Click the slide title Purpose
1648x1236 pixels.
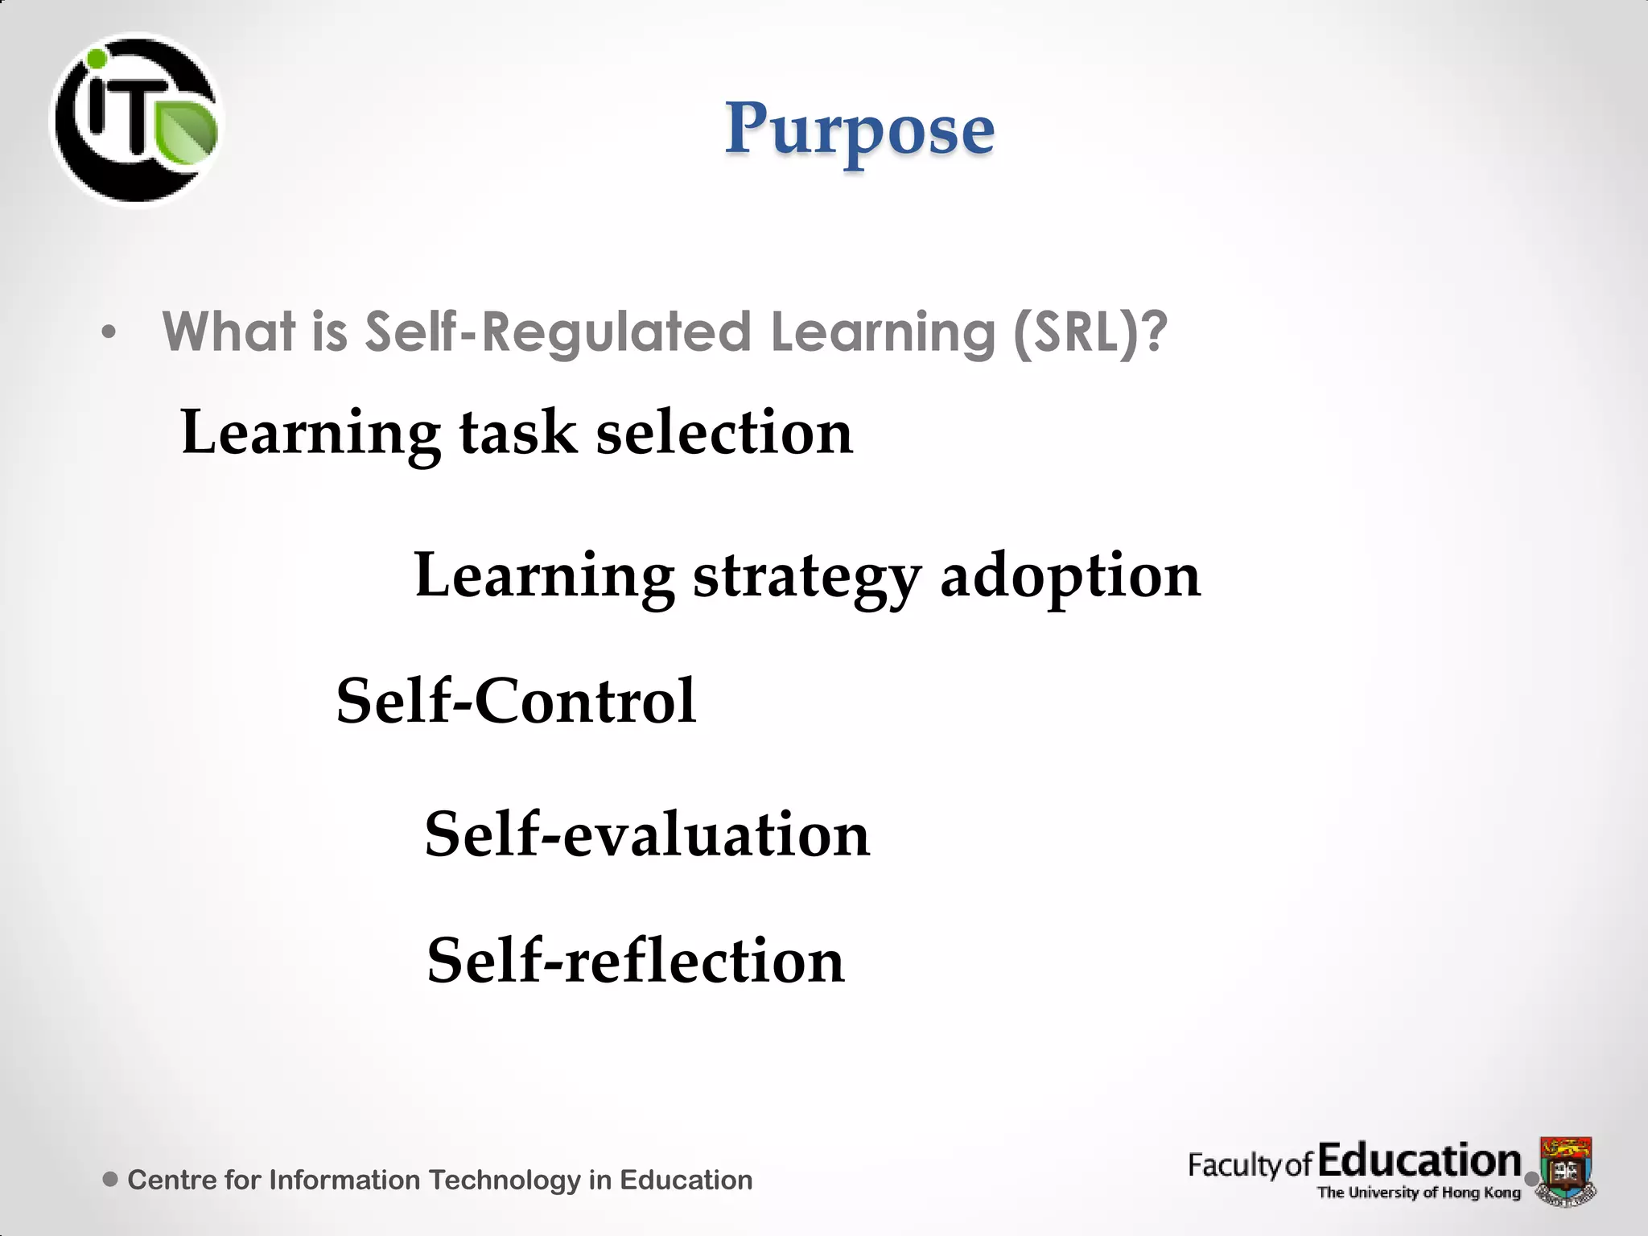pos(859,130)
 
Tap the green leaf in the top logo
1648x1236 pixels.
pos(187,130)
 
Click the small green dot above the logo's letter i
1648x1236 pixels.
pos(97,59)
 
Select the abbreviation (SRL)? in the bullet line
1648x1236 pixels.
pos(1090,332)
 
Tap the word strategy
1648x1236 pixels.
pos(806,578)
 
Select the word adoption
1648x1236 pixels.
pos(1070,578)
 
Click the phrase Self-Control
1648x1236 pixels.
pos(516,701)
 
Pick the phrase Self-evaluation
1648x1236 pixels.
pos(647,834)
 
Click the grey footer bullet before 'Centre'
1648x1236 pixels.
pos(111,1180)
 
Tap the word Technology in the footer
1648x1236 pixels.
pos(504,1180)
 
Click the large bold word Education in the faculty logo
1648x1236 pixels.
pos(1419,1161)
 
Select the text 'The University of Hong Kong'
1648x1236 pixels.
pos(1418,1193)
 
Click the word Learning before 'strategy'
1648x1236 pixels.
pos(544,578)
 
